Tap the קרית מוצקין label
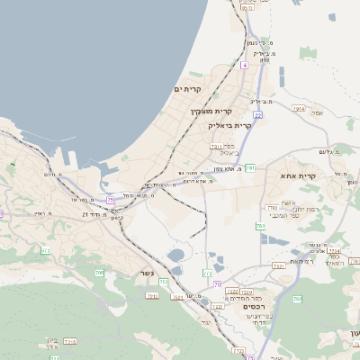click(211, 111)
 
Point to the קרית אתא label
click(298, 175)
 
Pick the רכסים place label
click(255, 306)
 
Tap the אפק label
click(315, 112)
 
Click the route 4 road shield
click(244, 66)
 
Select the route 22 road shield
click(257, 115)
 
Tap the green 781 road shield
click(250, 167)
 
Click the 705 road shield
click(99, 273)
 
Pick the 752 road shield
click(164, 282)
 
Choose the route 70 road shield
click(217, 284)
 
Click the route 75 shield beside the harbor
click(110, 199)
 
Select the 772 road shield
click(208, 272)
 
